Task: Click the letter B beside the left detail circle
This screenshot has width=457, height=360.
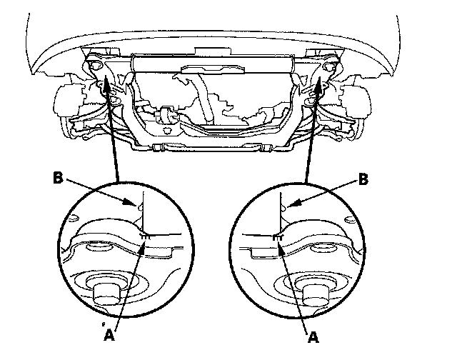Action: (x=58, y=178)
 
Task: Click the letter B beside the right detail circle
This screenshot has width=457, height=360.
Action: (x=363, y=179)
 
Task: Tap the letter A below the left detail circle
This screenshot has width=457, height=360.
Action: (x=109, y=335)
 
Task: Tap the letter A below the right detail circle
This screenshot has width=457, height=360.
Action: (x=313, y=337)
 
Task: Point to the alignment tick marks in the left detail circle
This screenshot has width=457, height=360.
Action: (x=145, y=237)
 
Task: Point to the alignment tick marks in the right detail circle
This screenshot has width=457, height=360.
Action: (x=277, y=237)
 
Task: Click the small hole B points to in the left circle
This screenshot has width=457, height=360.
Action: (x=140, y=207)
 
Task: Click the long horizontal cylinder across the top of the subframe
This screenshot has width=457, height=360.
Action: (x=213, y=64)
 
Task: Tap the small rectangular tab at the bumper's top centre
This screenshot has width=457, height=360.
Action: (x=213, y=51)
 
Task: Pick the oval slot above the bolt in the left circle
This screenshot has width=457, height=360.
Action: (x=99, y=247)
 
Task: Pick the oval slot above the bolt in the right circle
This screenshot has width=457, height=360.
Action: (x=323, y=247)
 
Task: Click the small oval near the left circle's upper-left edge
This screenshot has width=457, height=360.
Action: (x=74, y=218)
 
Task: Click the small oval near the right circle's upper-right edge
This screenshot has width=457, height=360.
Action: (x=349, y=219)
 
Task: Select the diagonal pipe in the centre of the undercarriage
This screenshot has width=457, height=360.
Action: (x=206, y=96)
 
